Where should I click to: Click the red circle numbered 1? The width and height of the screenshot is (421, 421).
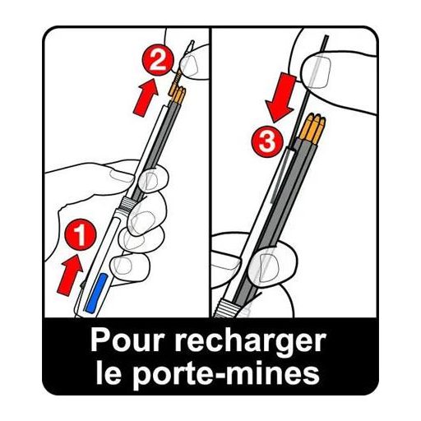click(x=81, y=234)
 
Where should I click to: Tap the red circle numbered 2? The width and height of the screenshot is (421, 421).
click(x=158, y=61)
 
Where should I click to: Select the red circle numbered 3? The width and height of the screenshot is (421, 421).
click(x=267, y=141)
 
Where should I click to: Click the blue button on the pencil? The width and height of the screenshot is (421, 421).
click(x=95, y=293)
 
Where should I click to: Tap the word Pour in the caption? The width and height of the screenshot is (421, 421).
click(x=127, y=341)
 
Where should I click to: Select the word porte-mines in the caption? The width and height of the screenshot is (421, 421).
click(x=227, y=374)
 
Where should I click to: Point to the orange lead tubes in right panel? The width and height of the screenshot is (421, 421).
click(x=312, y=127)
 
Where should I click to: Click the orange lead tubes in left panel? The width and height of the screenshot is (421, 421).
click(x=177, y=94)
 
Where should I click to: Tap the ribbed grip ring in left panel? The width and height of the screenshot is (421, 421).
click(x=128, y=205)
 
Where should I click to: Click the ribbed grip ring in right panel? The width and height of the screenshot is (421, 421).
click(x=228, y=308)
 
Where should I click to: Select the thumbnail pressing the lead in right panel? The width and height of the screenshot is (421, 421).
click(x=317, y=72)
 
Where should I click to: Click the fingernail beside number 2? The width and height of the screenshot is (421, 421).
click(x=190, y=65)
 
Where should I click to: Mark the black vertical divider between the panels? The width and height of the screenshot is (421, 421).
click(x=210, y=172)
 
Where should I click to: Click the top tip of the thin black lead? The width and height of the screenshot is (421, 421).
click(x=326, y=35)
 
